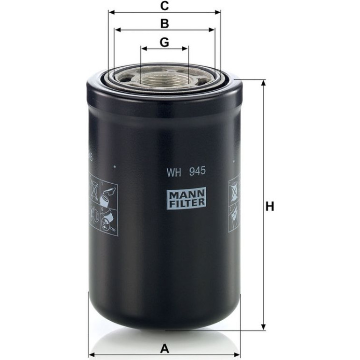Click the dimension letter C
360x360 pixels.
pos(165,6)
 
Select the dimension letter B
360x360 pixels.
pos(165,24)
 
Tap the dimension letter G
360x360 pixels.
pos(165,42)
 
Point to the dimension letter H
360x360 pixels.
pos(270,206)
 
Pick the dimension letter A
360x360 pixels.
pos(165,349)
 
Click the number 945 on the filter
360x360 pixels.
pos(197,171)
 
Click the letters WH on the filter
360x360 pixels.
pos(174,172)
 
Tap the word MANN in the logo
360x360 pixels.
pos(186,194)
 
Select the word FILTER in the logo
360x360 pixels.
pos(186,202)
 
